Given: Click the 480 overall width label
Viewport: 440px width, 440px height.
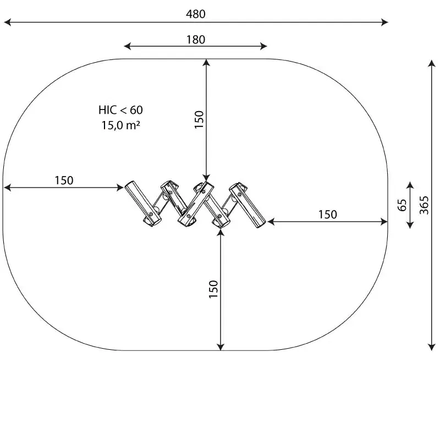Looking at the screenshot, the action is (196, 14).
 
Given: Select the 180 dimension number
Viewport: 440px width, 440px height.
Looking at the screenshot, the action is (196, 40).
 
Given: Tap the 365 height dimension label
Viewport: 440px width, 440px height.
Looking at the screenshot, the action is (424, 205).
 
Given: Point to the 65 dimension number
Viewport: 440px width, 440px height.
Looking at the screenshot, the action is (402, 205).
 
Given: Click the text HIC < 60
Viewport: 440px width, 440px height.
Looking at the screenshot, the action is (120, 110).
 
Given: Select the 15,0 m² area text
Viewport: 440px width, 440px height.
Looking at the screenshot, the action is (120, 125).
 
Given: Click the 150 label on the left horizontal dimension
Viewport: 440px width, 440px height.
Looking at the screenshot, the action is (64, 180).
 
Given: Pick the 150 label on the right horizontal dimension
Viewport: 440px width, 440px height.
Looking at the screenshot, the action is (327, 215).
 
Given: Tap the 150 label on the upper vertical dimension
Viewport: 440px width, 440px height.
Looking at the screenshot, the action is (199, 119).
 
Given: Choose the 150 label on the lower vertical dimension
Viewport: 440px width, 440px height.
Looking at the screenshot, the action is (213, 289).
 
